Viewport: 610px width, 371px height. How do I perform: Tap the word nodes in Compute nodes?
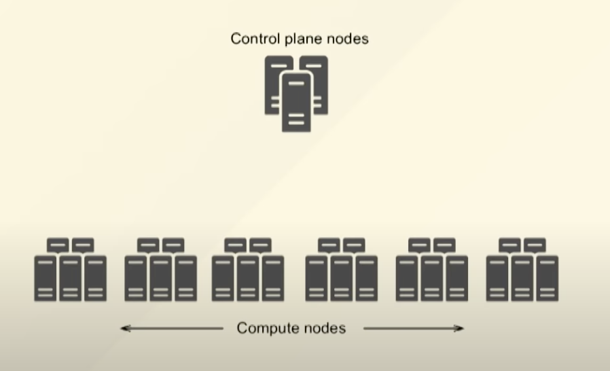(322, 329)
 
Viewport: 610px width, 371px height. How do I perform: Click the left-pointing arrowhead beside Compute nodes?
(125, 329)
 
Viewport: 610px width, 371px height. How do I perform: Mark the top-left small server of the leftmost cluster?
(58, 245)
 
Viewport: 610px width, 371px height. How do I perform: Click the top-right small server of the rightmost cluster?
(535, 245)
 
